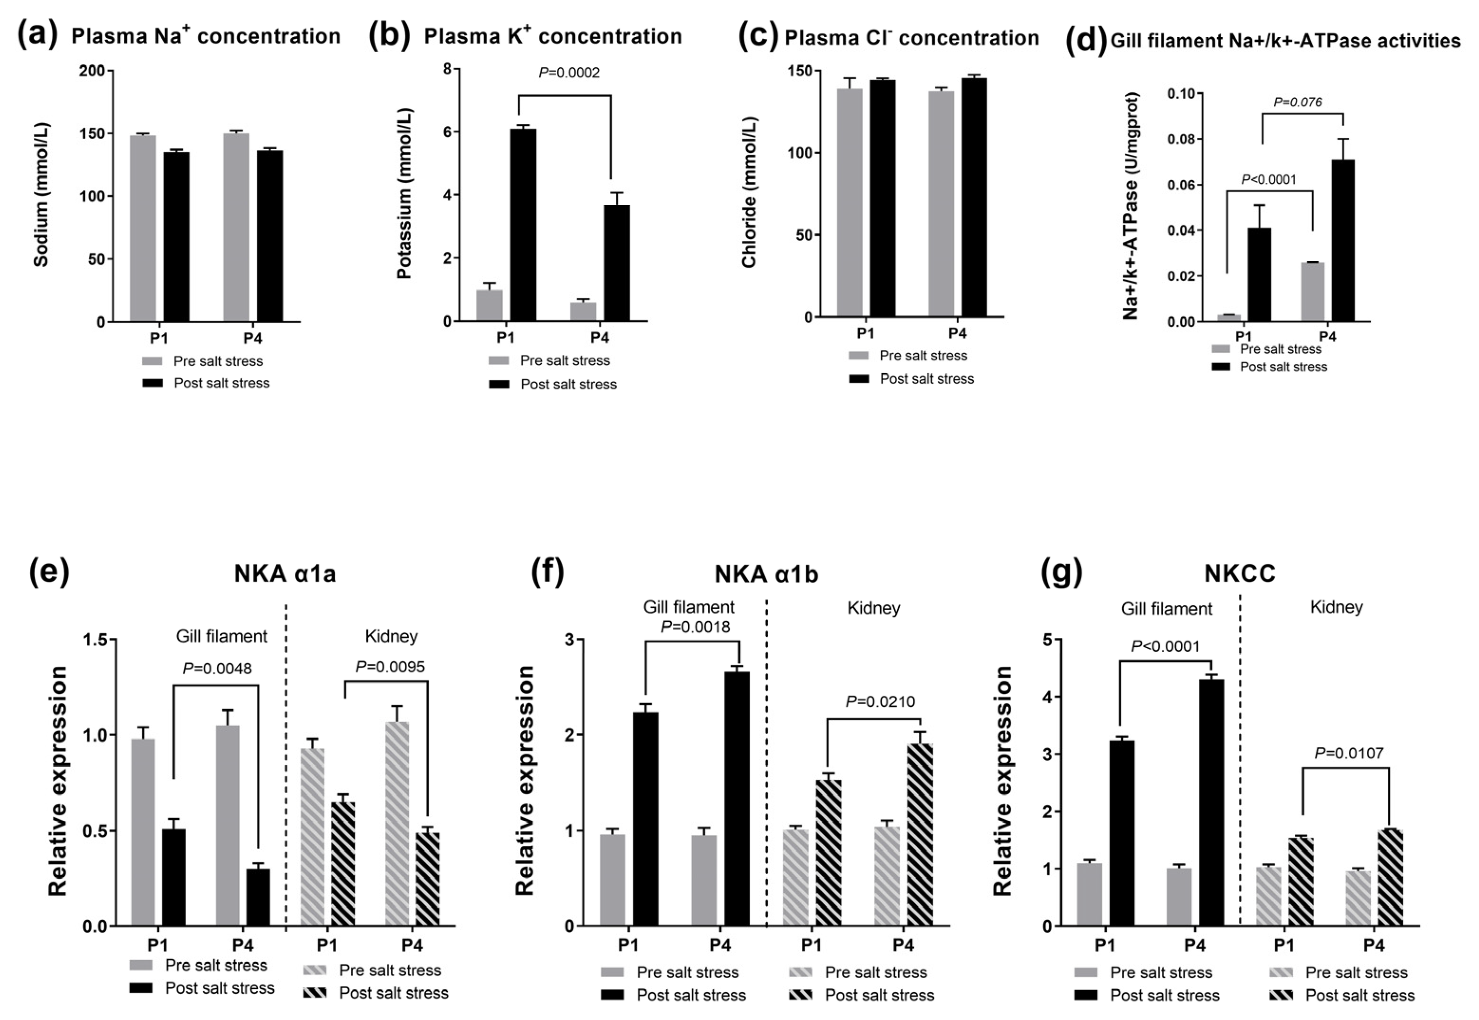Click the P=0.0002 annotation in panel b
[569, 73]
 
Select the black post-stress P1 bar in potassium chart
[523, 224]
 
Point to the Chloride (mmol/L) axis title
[749, 192]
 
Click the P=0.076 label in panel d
[1298, 102]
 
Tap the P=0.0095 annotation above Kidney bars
[390, 667]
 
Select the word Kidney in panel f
[873, 608]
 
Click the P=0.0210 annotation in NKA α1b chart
[880, 702]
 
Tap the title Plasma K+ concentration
[553, 37]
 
